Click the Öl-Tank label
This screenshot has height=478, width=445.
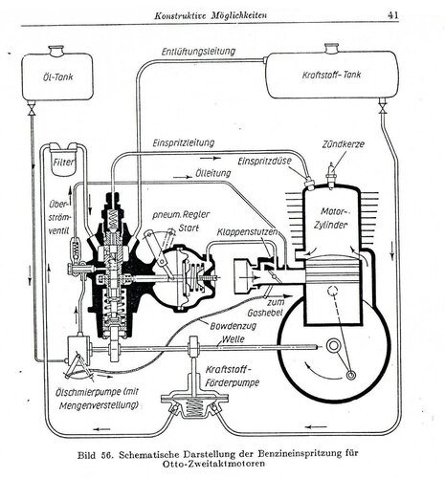[x=57, y=76]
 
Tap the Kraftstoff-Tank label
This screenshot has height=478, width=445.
[x=332, y=75]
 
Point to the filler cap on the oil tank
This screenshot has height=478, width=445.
[x=56, y=50]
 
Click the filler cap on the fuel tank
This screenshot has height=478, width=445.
[x=332, y=48]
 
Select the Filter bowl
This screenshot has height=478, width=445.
[x=64, y=163]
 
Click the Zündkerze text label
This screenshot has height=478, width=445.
[x=343, y=143]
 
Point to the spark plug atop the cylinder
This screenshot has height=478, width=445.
[x=331, y=175]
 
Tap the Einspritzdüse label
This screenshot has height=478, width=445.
[x=264, y=161]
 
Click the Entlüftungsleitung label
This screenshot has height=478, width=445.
[x=198, y=52]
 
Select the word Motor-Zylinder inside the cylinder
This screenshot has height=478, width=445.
[x=330, y=218]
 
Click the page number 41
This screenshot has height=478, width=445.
[x=393, y=15]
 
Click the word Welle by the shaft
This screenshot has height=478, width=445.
[x=233, y=338]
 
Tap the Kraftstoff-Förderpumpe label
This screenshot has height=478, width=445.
[x=233, y=376]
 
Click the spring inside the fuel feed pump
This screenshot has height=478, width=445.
[x=194, y=407]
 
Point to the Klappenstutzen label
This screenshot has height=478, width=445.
[x=247, y=231]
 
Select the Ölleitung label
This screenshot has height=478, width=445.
[x=212, y=173]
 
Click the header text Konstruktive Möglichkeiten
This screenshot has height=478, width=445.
[x=211, y=15]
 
